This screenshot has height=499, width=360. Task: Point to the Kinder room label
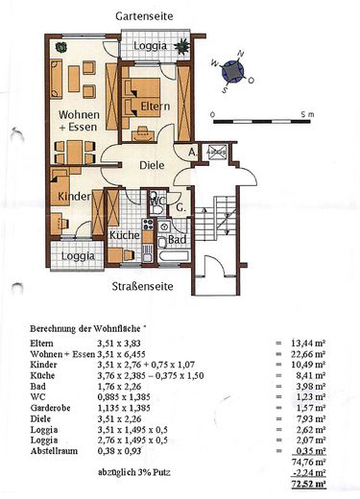[72, 195]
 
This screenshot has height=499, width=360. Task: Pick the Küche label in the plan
[126, 234]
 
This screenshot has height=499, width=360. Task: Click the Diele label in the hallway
[152, 165]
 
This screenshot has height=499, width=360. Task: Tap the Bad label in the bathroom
[176, 239]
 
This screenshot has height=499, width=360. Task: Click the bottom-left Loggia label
[78, 256]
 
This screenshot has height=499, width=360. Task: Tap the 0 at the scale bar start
[213, 114]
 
